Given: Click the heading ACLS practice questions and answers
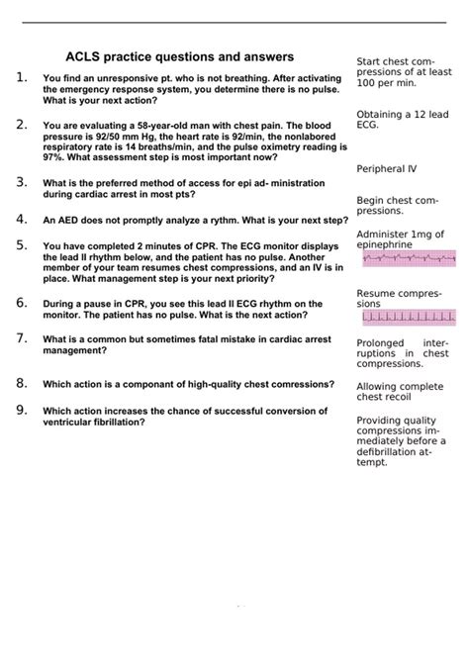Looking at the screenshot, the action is click(179, 57).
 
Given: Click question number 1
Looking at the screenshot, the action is click(22, 77).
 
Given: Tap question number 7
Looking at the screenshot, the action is click(22, 338).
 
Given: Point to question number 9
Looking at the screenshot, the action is click(22, 410).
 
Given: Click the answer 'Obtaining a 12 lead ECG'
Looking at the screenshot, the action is click(398, 120).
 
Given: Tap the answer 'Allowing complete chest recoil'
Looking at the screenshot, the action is click(400, 392).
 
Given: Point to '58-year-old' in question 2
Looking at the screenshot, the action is click(168, 127).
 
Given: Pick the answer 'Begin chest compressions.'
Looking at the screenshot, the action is click(396, 205).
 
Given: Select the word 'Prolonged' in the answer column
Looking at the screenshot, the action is click(381, 342).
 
